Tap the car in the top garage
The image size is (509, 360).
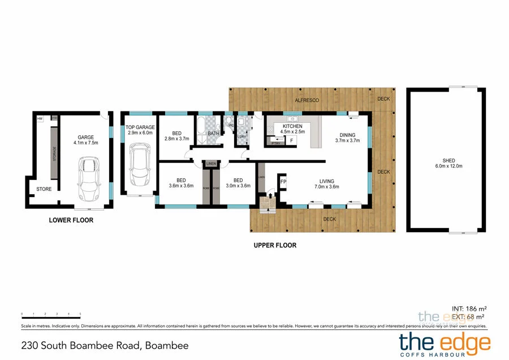coord(139,165)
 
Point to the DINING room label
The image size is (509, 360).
coord(346,137)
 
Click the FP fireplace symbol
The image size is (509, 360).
coord(283,182)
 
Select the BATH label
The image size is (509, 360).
coord(213,134)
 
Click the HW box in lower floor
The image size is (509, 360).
coord(40,119)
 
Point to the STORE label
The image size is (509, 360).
coord(44,189)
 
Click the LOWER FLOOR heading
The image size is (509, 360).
coord(71,220)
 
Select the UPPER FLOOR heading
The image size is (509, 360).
coord(275,245)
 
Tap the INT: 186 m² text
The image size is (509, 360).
coord(469,309)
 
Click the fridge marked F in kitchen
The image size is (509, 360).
coord(291,139)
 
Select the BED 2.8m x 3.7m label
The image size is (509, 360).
coord(175,136)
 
